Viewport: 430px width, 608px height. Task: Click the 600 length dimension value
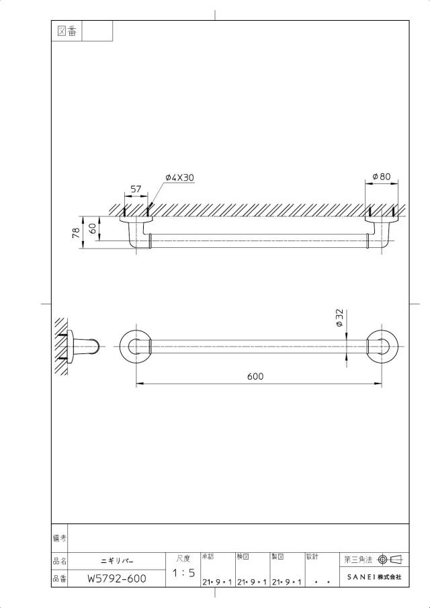coord(255,376)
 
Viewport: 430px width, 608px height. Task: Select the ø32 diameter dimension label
coord(339,318)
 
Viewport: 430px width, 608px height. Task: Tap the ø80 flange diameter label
coord(382,177)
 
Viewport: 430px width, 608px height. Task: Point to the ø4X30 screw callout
coord(179,177)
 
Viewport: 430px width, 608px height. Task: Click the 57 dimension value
coord(136,189)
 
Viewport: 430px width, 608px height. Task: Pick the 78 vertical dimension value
coord(76,232)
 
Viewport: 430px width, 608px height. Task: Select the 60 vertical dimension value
coord(93,228)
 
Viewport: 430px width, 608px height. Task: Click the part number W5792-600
coord(117,579)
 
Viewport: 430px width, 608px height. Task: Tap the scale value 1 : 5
coord(183,573)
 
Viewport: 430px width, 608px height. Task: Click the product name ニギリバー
coord(117,562)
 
